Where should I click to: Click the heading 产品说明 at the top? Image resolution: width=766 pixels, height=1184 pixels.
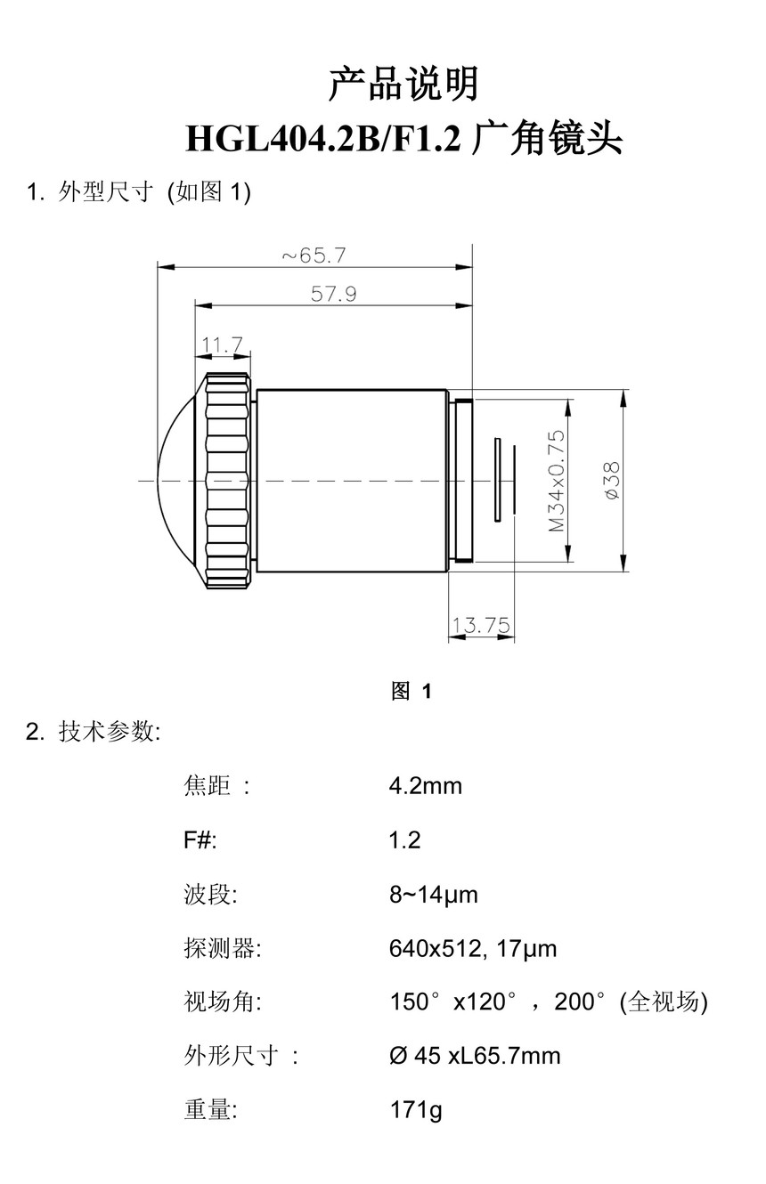point(403,85)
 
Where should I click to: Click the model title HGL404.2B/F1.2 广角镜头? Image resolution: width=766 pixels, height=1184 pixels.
point(403,139)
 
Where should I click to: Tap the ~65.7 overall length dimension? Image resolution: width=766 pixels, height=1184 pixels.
point(314,255)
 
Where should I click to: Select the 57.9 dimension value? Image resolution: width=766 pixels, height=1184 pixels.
point(333,294)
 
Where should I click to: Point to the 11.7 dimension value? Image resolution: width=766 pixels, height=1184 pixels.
point(222,345)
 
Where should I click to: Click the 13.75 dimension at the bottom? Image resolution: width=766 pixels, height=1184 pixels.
point(480,626)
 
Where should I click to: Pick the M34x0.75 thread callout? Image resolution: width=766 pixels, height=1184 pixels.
point(557,481)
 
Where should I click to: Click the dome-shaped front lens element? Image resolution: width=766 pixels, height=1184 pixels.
point(181,481)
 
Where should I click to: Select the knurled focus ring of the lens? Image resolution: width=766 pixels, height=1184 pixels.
point(227,481)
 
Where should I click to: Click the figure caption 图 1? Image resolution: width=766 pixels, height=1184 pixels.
point(412,691)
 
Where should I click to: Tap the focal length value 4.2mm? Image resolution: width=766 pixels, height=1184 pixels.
point(425,786)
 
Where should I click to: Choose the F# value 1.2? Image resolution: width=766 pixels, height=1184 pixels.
point(404,840)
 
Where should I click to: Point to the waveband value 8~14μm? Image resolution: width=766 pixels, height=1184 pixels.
point(433,895)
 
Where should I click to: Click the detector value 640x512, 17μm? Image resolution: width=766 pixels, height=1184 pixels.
point(472,949)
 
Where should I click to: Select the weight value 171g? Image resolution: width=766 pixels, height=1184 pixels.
point(415,1111)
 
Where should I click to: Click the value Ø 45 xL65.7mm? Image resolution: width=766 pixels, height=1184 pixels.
point(475,1057)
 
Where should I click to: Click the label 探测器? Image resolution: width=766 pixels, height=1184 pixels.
point(222,949)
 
